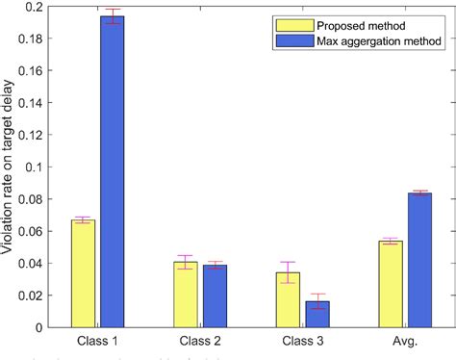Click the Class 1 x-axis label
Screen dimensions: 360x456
pos(97,341)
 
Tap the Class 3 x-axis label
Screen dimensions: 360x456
pos(302,341)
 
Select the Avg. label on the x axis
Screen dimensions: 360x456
pos(404,341)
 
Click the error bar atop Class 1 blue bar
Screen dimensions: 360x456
pos(113,16)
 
